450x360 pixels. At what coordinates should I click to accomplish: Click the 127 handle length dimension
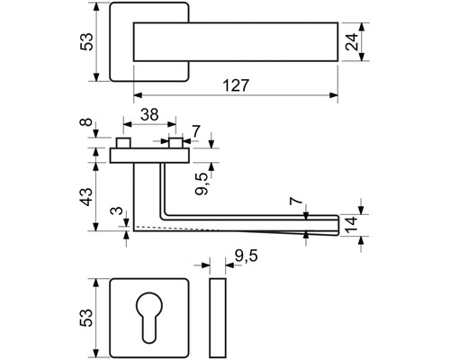tap(236, 85)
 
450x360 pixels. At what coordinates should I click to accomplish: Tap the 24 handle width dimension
tap(352, 41)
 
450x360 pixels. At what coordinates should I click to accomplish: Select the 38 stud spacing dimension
tap(149, 114)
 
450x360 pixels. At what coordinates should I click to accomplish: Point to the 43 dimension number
tap(86, 196)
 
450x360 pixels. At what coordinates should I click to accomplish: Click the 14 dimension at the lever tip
tap(351, 225)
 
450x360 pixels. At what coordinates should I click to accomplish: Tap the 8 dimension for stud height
tap(86, 122)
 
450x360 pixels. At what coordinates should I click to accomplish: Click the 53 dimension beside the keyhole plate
tap(86, 318)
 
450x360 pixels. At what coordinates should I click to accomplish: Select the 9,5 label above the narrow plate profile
tap(246, 256)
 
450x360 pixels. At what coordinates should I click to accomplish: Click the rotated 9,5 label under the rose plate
tap(202, 184)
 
